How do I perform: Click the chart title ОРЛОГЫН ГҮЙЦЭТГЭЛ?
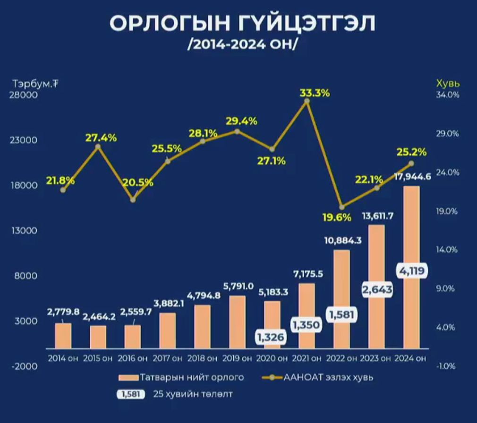pos(242,24)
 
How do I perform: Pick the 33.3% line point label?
pos(315,93)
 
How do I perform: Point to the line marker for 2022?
pos(342,207)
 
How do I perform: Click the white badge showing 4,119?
pos(411,271)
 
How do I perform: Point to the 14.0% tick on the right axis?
pos(447,250)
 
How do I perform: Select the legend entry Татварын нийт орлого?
pos(181,377)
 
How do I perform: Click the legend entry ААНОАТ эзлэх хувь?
pos(321,377)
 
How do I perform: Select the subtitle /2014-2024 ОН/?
pos(242,45)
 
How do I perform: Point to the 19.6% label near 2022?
pos(337,218)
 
